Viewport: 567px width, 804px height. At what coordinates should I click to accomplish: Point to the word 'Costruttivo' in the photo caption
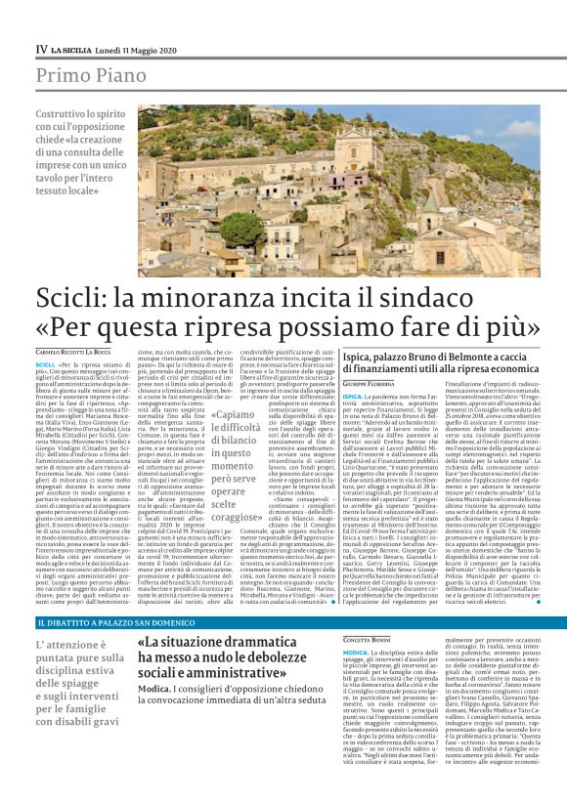(64, 115)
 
